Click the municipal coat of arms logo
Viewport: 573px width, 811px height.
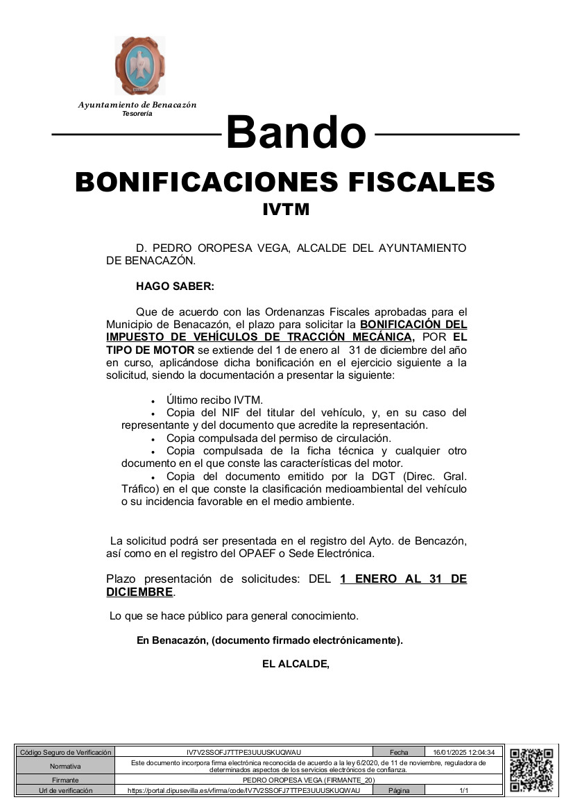click(x=139, y=66)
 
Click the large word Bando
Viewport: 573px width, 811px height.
click(x=296, y=132)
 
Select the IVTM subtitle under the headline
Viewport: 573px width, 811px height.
click(x=286, y=209)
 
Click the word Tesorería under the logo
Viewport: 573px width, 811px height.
click(x=137, y=113)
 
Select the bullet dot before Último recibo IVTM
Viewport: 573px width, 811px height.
click(x=153, y=401)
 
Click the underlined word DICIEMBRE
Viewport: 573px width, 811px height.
click(x=139, y=592)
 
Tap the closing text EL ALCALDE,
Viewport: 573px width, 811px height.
click(x=296, y=664)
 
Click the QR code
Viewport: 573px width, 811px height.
click(x=531, y=770)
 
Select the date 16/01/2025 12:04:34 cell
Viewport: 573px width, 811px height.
click(x=463, y=752)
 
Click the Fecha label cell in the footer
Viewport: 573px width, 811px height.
click(x=399, y=752)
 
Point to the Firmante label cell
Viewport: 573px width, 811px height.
click(x=65, y=780)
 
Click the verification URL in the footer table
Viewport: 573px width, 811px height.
click(x=243, y=790)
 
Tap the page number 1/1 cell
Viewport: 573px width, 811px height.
click(x=463, y=790)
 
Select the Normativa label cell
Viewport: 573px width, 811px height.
click(x=65, y=766)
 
